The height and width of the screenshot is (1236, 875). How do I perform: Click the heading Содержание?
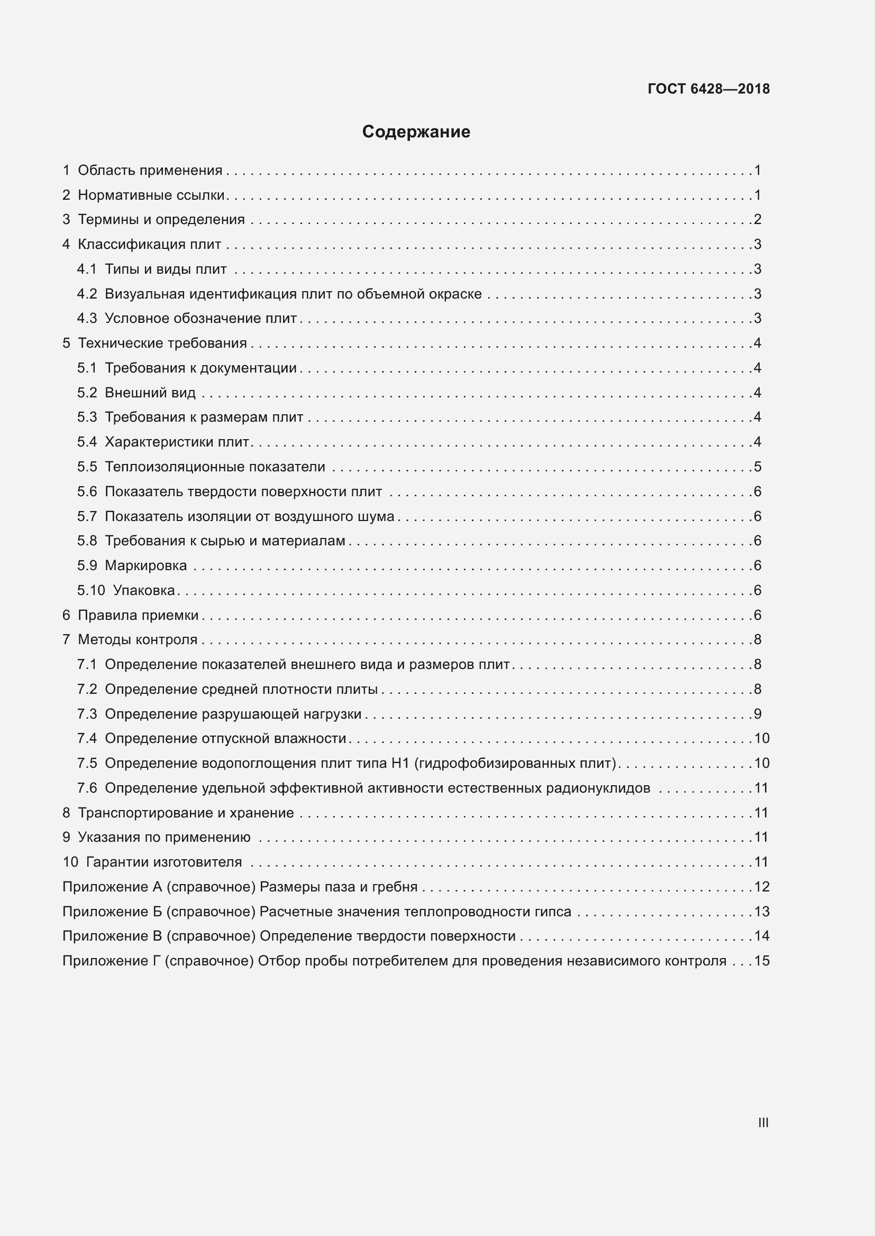(x=416, y=132)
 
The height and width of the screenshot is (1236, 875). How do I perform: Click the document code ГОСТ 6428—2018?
(x=708, y=89)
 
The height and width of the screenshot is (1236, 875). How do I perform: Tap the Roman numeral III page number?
(x=763, y=1122)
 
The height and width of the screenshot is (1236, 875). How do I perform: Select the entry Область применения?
(x=150, y=171)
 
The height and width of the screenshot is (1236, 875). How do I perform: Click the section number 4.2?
(x=87, y=294)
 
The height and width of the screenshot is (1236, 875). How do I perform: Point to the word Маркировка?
(x=145, y=565)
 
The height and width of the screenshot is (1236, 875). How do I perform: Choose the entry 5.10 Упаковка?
(x=126, y=590)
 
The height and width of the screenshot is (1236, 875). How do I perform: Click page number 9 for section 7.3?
(x=758, y=714)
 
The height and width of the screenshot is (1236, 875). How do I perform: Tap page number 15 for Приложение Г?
(x=762, y=961)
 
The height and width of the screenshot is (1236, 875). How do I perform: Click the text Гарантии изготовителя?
(x=164, y=862)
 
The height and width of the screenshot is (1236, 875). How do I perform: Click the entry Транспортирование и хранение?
(x=186, y=813)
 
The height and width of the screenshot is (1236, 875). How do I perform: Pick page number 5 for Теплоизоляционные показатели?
(x=758, y=467)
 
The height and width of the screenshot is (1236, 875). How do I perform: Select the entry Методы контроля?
(x=138, y=639)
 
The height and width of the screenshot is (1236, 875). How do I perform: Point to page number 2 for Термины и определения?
(x=758, y=220)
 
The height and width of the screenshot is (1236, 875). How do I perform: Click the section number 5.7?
(x=87, y=516)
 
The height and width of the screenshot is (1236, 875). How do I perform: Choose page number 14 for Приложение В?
(x=762, y=936)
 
